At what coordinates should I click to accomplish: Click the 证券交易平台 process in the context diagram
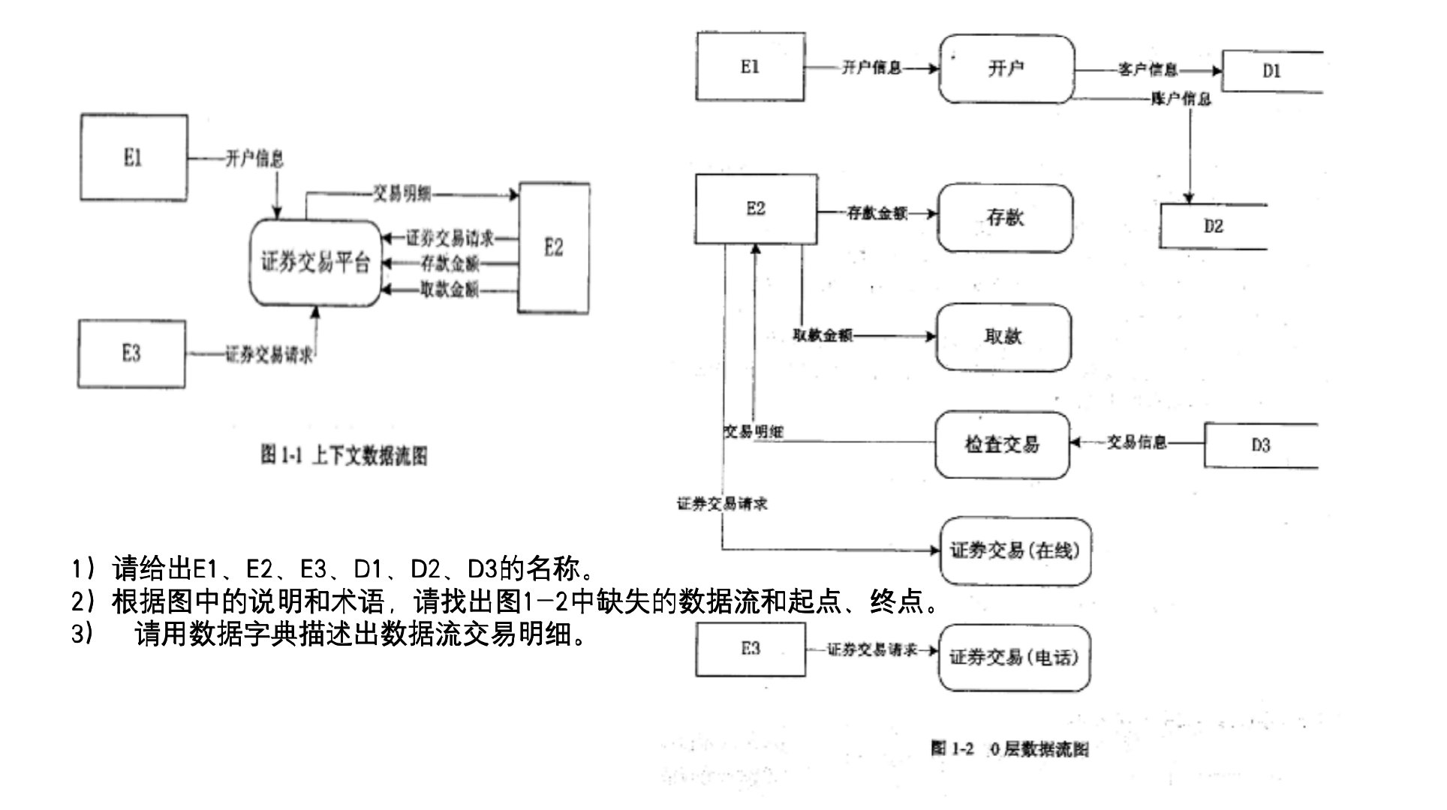315,263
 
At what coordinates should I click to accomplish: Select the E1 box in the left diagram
134,157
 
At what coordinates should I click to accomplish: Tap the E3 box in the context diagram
131,353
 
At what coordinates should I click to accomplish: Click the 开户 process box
1006,69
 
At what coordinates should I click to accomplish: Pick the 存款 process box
1005,217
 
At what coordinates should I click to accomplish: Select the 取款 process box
1003,337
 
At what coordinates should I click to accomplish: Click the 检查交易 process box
1002,445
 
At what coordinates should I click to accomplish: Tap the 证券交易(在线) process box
1015,551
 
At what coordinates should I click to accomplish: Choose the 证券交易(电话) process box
1014,658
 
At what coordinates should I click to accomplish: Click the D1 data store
1271,71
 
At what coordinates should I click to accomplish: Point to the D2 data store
1213,226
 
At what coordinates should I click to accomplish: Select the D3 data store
1261,445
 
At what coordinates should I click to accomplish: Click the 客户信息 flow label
1148,70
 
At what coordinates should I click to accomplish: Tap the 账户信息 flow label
1181,99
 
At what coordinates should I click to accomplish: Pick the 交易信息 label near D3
1137,442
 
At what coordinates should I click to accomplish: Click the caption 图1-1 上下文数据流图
344,455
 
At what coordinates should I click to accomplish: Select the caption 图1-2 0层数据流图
1009,748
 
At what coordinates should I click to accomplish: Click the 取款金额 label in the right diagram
823,336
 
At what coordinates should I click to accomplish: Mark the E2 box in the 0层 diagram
756,209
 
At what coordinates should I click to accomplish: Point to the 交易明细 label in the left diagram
402,194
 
